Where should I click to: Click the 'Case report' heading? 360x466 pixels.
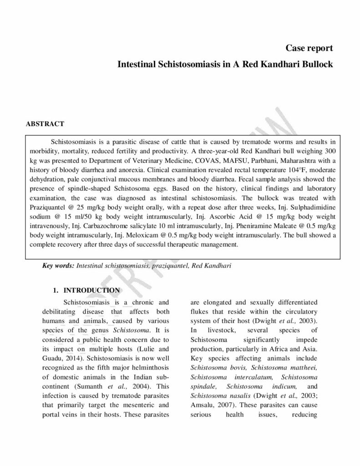click(x=309, y=48)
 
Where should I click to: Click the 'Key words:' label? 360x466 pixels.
click(x=58, y=265)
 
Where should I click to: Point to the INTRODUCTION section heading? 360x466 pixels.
click(x=91, y=290)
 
